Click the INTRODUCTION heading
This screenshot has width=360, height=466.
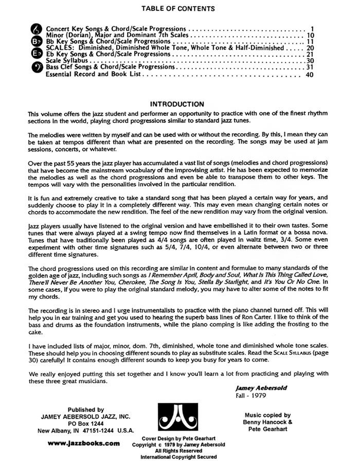(x=176, y=104)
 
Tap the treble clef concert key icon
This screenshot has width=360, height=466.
(x=38, y=29)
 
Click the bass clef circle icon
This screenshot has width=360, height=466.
(x=38, y=66)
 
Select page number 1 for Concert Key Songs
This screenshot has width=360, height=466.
(x=312, y=29)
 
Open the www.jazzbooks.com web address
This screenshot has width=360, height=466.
(x=83, y=443)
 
